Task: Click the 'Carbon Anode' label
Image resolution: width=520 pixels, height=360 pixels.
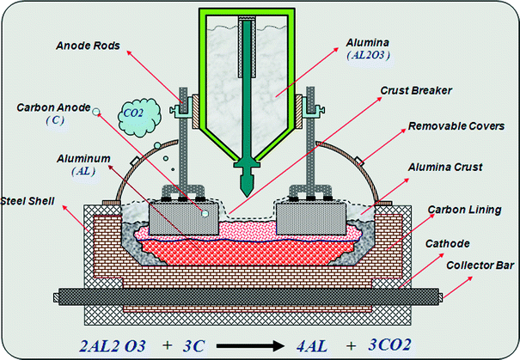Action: tap(52, 109)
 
